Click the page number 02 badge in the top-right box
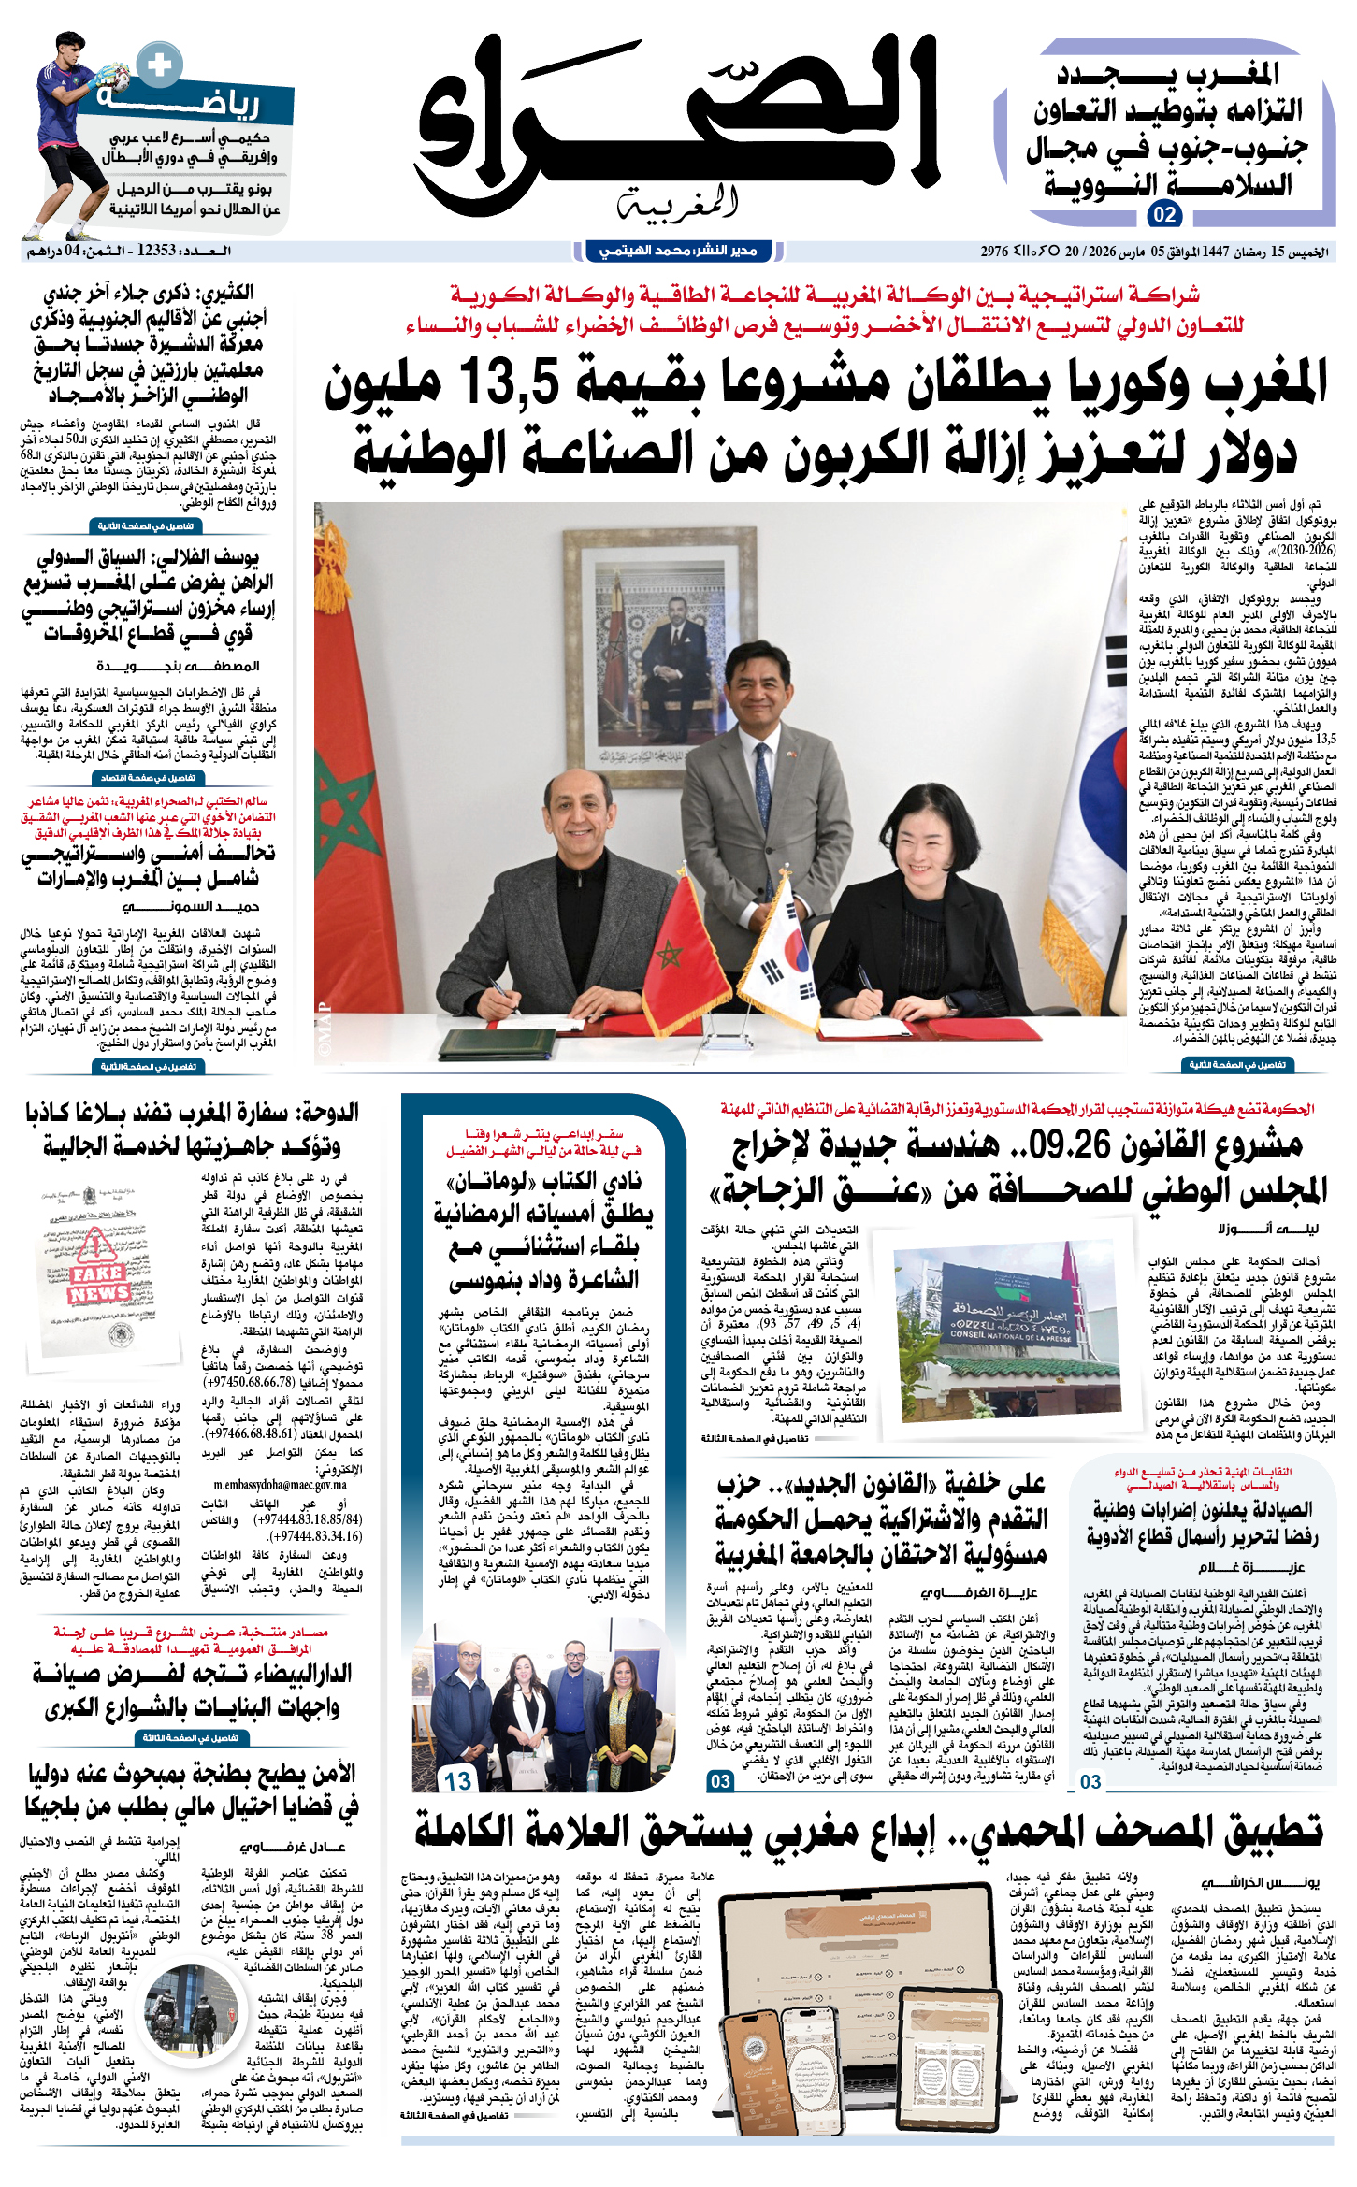1164,214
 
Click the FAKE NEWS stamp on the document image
98,1283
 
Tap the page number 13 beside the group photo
458,1782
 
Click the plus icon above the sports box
160,65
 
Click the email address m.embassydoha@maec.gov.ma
280,1485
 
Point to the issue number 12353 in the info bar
156,251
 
